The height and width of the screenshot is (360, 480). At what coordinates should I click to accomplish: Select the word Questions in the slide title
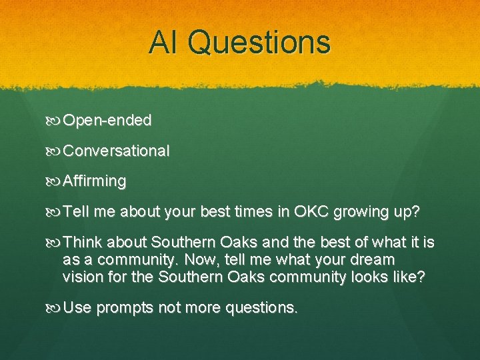click(x=259, y=42)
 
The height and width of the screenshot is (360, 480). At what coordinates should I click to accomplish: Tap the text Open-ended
click(x=107, y=121)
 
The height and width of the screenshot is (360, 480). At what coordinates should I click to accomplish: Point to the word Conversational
click(x=116, y=151)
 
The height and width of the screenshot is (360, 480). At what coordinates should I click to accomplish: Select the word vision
click(x=80, y=277)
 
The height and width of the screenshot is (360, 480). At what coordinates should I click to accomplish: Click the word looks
click(x=374, y=277)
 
